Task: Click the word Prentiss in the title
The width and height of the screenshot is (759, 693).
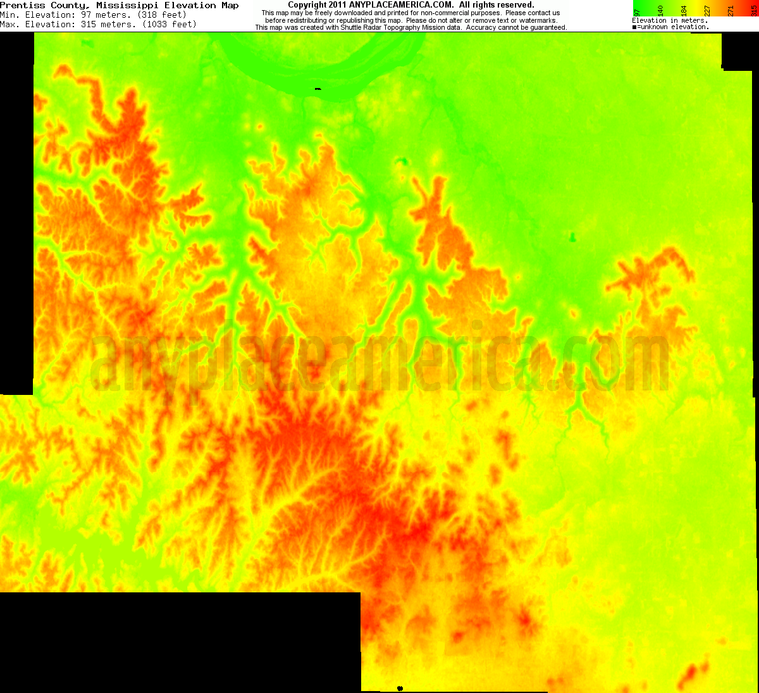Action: point(23,5)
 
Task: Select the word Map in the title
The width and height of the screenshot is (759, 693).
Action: point(230,5)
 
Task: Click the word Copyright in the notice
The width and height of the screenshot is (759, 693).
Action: point(307,5)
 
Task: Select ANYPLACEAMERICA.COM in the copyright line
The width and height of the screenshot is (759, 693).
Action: point(401,5)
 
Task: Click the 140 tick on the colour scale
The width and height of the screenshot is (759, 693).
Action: point(660,10)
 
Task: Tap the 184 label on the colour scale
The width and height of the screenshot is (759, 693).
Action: point(684,10)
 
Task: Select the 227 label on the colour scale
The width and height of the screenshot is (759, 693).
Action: point(707,10)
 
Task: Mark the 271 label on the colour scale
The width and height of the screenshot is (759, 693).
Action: point(731,10)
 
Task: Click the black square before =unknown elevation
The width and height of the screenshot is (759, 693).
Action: point(634,27)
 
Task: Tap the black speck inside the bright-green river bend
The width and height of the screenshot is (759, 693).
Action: point(318,89)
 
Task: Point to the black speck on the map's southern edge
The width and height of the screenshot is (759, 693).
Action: point(400,688)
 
